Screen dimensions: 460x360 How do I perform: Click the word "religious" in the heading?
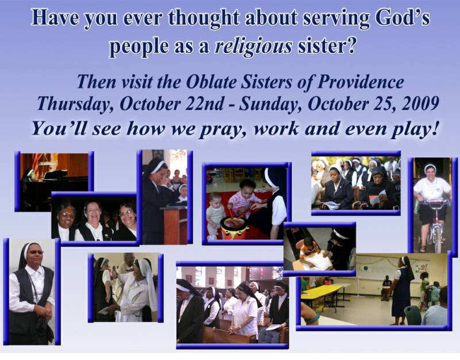click(254, 47)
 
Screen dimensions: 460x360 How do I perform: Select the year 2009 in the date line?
click(421, 104)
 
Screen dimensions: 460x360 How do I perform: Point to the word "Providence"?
click(361, 82)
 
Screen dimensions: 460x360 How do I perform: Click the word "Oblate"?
click(211, 82)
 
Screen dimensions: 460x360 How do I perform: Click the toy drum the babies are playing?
click(234, 227)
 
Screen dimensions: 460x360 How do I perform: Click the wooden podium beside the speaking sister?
click(174, 225)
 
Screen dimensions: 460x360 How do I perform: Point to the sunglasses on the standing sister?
click(36, 252)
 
